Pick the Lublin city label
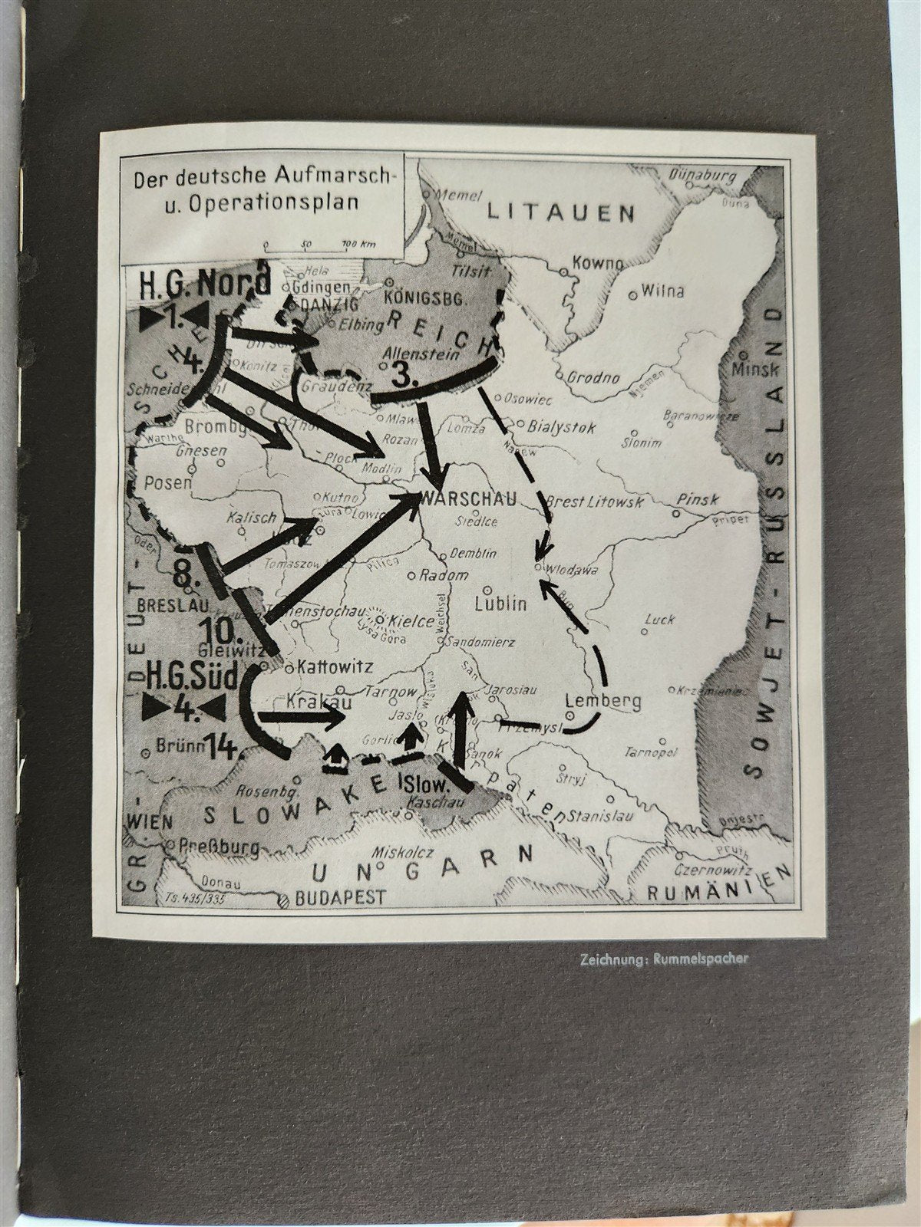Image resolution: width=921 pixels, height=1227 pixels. click(501, 603)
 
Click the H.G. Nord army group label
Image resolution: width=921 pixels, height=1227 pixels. click(204, 283)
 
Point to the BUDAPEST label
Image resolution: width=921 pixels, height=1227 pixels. click(342, 896)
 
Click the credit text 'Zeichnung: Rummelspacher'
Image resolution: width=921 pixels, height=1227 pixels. click(663, 958)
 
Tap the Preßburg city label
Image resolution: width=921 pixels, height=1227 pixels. click(219, 847)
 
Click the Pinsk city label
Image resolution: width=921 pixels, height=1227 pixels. click(697, 499)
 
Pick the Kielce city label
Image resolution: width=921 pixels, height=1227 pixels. click(412, 621)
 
